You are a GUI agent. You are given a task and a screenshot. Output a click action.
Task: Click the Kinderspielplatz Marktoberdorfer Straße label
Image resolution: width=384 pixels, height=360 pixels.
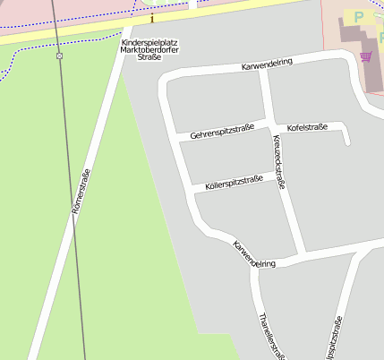click(143, 49)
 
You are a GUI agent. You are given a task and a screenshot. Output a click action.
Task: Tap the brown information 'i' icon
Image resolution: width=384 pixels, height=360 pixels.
click(152, 18)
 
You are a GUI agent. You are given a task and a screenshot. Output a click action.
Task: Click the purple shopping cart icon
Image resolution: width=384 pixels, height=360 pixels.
click(365, 56)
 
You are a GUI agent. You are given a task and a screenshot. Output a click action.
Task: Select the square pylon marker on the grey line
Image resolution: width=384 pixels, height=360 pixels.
click(59, 56)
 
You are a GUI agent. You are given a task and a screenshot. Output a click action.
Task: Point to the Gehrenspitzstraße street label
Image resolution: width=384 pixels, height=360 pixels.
click(228, 132)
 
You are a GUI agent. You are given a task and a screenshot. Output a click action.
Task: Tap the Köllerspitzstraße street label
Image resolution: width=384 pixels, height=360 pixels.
click(234, 182)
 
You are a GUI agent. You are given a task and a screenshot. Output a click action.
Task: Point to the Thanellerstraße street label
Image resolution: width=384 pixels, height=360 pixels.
click(270, 337)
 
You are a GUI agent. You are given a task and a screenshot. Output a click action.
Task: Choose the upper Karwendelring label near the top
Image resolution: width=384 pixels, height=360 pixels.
click(267, 65)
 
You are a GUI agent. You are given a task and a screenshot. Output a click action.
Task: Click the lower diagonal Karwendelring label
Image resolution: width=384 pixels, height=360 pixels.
click(253, 255)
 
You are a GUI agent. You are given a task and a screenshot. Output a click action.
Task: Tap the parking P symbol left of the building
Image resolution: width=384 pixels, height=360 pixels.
click(359, 17)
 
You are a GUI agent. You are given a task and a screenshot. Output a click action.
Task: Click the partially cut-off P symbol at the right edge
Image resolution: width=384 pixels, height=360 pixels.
click(381, 40)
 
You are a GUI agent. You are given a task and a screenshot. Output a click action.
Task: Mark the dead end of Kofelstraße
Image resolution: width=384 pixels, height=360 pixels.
click(346, 141)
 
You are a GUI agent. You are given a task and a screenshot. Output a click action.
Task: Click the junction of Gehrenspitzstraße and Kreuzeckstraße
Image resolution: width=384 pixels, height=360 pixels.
click(270, 124)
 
